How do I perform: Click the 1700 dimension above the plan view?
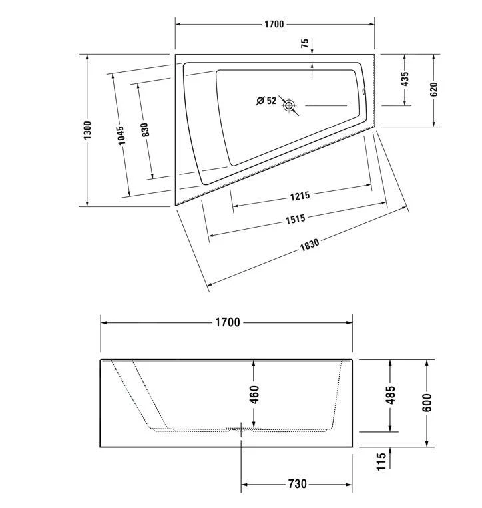click(274, 25)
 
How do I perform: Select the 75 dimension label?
click(305, 45)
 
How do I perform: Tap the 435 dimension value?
click(405, 79)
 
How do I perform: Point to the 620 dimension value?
click(433, 89)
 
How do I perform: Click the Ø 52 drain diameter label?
click(266, 101)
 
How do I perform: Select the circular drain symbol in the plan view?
click(290, 105)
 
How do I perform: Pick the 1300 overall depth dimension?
click(87, 130)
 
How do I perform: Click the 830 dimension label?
click(145, 130)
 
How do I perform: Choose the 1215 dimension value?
click(300, 196)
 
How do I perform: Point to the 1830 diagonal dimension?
click(309, 244)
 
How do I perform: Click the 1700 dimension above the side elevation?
click(226, 322)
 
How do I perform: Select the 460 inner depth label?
click(254, 395)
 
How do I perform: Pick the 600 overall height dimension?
click(427, 402)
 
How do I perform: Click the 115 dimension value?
click(381, 461)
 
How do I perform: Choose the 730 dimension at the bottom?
click(297, 484)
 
